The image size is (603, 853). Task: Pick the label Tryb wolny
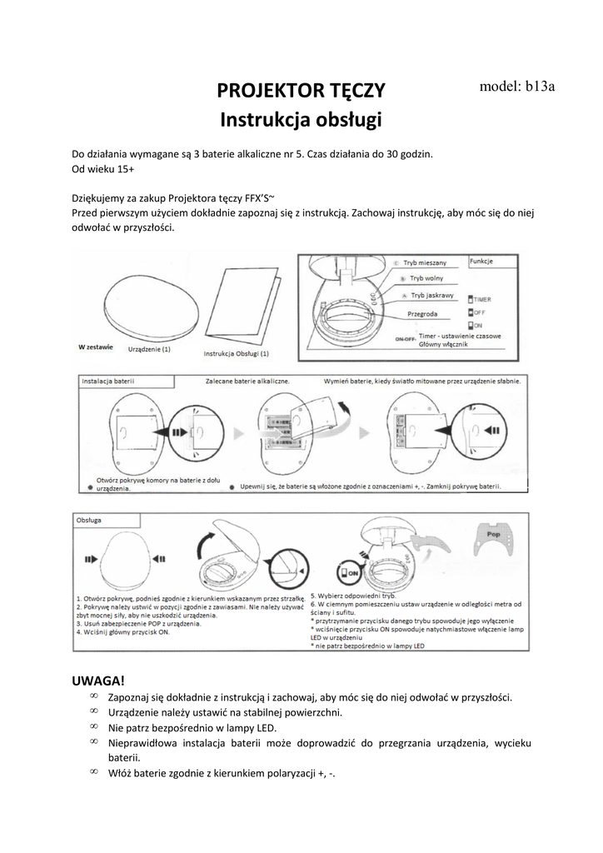point(426,278)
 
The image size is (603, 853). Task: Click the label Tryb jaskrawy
point(431,296)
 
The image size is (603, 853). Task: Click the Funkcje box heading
point(483,261)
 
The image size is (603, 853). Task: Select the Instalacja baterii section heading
point(109,382)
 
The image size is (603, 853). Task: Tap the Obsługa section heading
point(90,519)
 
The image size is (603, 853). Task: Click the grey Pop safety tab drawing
point(494,540)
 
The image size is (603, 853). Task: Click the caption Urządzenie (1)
point(150,350)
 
